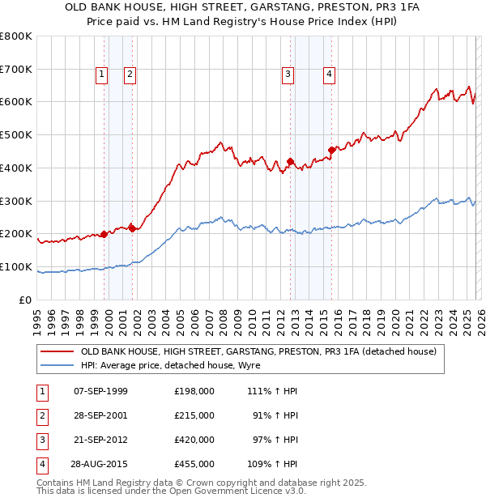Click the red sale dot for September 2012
[x=290, y=161]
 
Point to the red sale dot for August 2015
[x=332, y=149]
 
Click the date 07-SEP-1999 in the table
[x=100, y=391]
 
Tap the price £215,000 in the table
[x=194, y=415]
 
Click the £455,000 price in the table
[x=194, y=464]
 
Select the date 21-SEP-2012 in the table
[x=100, y=440]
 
